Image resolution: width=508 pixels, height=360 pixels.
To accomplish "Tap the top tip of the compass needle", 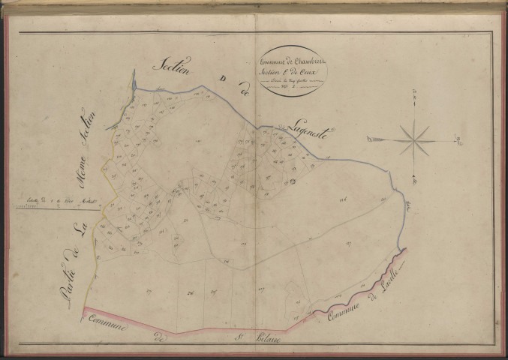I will click(x=413, y=93).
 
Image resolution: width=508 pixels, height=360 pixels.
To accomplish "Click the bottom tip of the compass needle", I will click(x=413, y=181).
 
